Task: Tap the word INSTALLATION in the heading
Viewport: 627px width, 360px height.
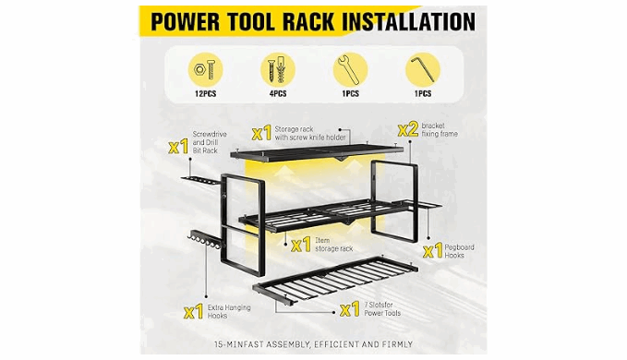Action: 409,22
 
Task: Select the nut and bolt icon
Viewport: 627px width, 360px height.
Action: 205,70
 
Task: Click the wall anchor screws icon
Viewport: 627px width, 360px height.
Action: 278,70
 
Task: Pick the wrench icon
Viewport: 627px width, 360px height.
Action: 350,70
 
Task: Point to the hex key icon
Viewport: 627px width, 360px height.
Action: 423,69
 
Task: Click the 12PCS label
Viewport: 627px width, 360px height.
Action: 206,94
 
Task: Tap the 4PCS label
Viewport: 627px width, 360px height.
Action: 278,94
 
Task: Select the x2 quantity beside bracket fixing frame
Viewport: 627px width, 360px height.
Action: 408,129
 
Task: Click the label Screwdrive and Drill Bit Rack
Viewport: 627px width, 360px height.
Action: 210,142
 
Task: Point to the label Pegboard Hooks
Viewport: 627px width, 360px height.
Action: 460,251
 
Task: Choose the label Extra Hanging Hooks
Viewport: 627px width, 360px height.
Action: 229,312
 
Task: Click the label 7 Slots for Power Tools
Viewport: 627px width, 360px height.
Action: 382,309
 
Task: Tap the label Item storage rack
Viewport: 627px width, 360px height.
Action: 334,245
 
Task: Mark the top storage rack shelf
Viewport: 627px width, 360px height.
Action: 317,152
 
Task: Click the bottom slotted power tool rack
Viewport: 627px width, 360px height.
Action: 335,280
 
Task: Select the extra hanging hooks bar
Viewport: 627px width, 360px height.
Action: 204,239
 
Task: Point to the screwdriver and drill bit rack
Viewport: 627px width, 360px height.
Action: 200,181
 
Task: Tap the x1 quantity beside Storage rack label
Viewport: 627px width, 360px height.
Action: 262,133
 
